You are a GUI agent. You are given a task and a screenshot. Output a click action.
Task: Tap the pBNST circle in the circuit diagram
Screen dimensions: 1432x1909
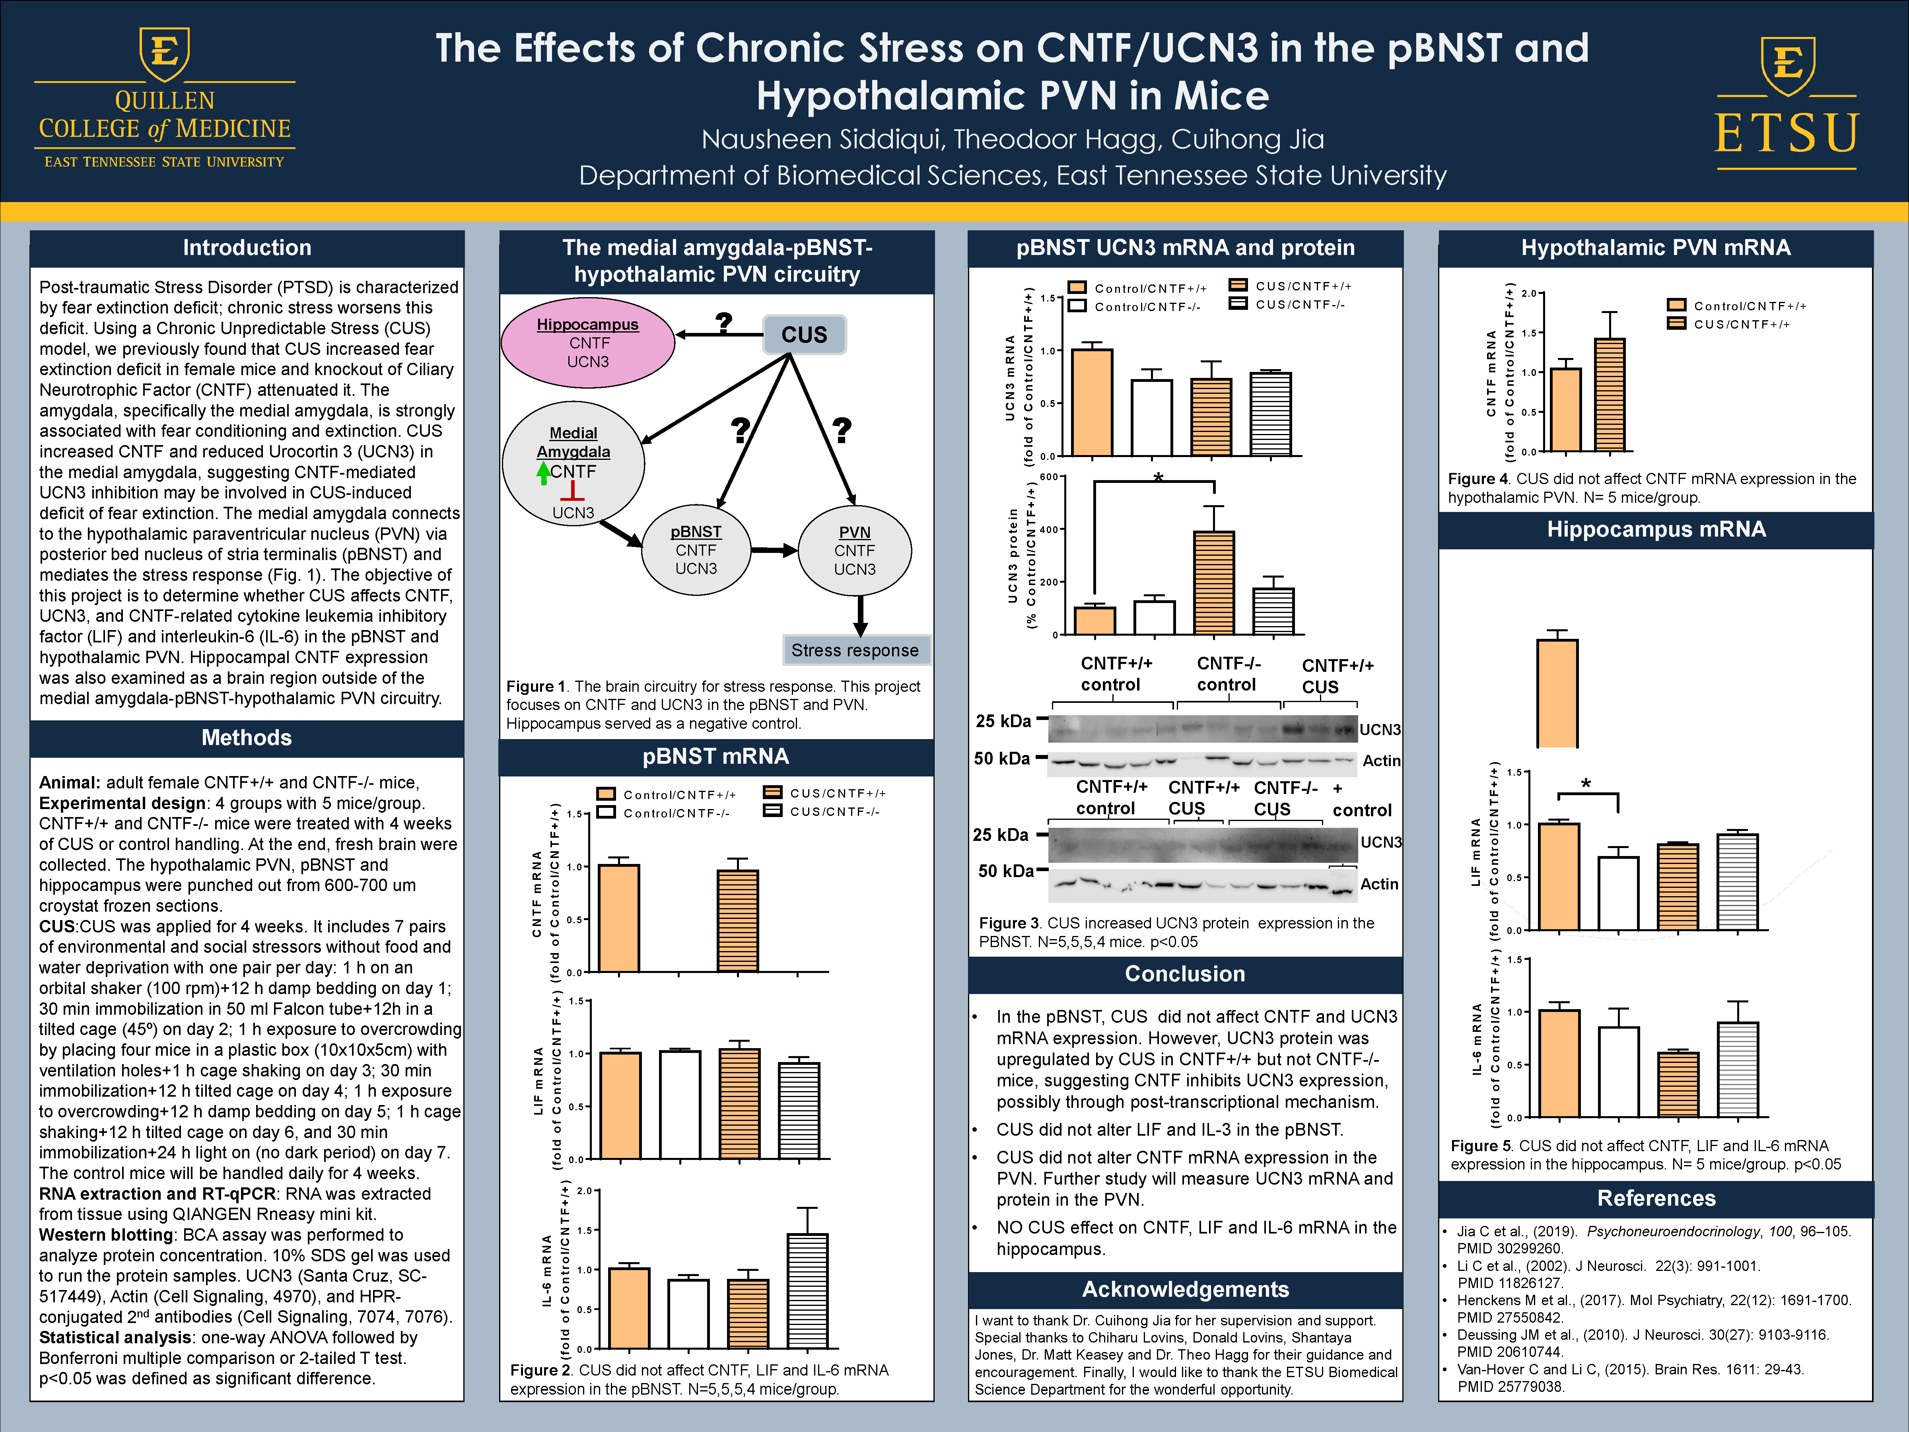(x=696, y=550)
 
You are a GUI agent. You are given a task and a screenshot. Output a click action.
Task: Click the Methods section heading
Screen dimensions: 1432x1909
(x=247, y=738)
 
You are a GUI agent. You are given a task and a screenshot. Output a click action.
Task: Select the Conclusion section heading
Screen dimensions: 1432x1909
(x=1185, y=974)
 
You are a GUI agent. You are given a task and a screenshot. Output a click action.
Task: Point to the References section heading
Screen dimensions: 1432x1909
(x=1656, y=1198)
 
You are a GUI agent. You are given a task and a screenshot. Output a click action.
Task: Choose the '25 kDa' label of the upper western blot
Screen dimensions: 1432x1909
(x=1003, y=721)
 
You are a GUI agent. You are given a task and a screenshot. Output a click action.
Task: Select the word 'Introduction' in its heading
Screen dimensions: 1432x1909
(x=247, y=248)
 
